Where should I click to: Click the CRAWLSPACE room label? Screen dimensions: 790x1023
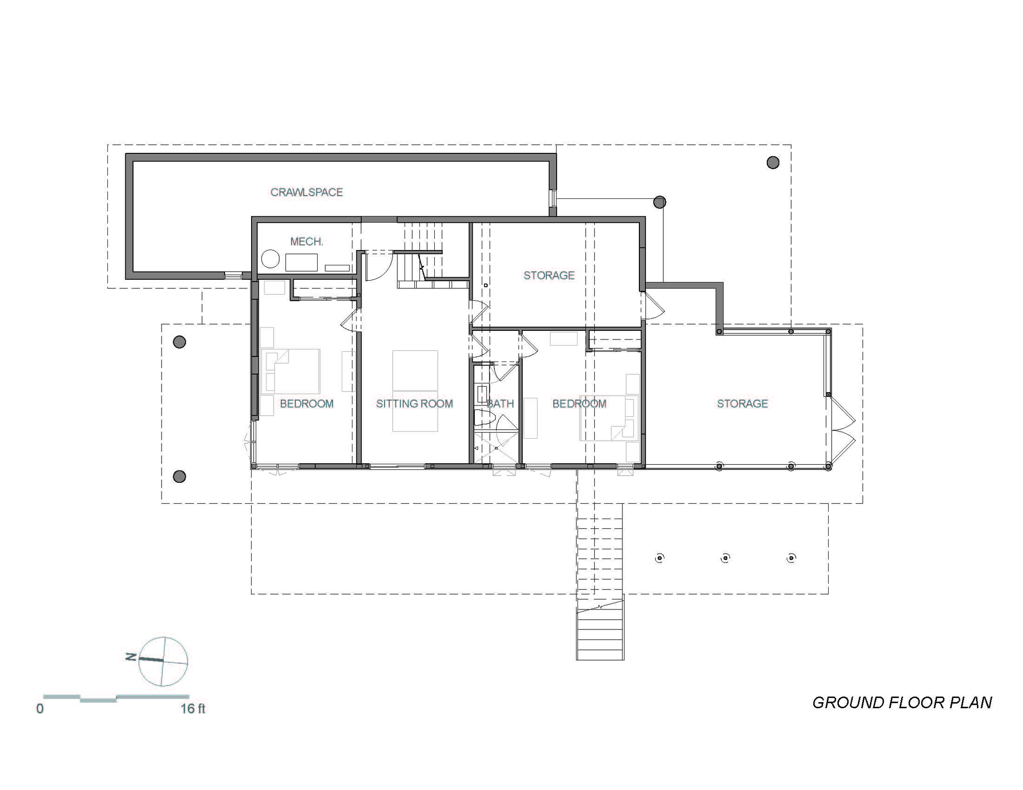tap(306, 192)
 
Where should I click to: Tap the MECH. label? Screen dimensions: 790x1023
tap(306, 241)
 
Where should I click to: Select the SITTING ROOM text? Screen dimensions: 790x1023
tap(414, 404)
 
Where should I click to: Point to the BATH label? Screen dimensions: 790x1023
tap(500, 404)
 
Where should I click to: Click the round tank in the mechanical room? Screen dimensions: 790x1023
tap(270, 259)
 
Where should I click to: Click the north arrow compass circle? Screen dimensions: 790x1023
tap(163, 661)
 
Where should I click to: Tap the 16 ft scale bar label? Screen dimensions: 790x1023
tap(192, 709)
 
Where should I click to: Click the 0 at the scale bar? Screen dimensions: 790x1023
tap(40, 709)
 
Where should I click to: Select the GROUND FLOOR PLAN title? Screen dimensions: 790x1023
tap(902, 703)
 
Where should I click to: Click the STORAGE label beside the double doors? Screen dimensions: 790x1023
tap(742, 404)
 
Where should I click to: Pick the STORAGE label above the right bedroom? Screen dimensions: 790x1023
tap(549, 276)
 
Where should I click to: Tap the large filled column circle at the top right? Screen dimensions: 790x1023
tap(773, 163)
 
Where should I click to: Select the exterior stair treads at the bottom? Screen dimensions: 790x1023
tap(600, 634)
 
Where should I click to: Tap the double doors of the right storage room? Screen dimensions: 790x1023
tap(841, 430)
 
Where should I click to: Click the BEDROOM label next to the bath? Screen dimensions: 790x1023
tap(579, 404)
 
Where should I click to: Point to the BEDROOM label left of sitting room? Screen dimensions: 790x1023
tap(306, 404)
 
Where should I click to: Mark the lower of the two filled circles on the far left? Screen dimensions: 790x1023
tap(179, 477)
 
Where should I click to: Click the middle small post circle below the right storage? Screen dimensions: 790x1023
tap(725, 558)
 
